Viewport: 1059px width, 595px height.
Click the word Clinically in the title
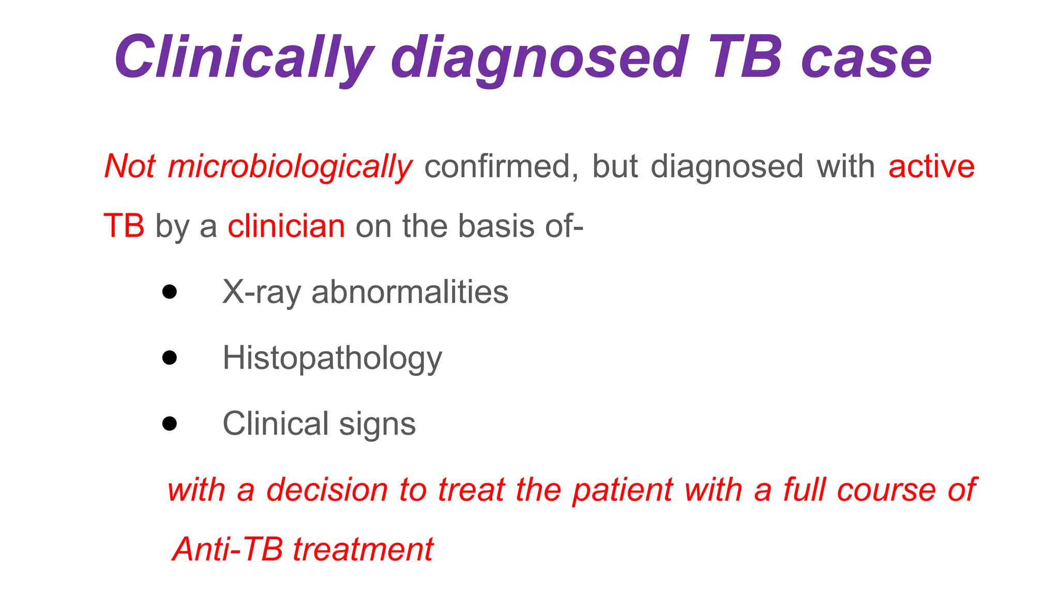pos(243,58)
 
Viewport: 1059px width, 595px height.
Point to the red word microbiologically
pos(290,167)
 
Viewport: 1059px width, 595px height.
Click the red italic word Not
pos(129,166)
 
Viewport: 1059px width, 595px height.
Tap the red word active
pos(931,167)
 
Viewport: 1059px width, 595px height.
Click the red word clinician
pos(286,226)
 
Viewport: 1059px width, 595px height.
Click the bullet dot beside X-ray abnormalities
pos(170,292)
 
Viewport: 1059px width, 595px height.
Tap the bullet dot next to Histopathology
pos(170,357)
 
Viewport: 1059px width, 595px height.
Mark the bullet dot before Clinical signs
pos(170,424)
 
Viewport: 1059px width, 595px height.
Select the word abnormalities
pos(410,292)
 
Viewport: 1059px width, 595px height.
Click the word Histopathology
pos(332,358)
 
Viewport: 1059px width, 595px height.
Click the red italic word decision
pos(327,490)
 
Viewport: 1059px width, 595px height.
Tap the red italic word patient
pos(623,490)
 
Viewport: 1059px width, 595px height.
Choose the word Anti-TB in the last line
pos(228,549)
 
